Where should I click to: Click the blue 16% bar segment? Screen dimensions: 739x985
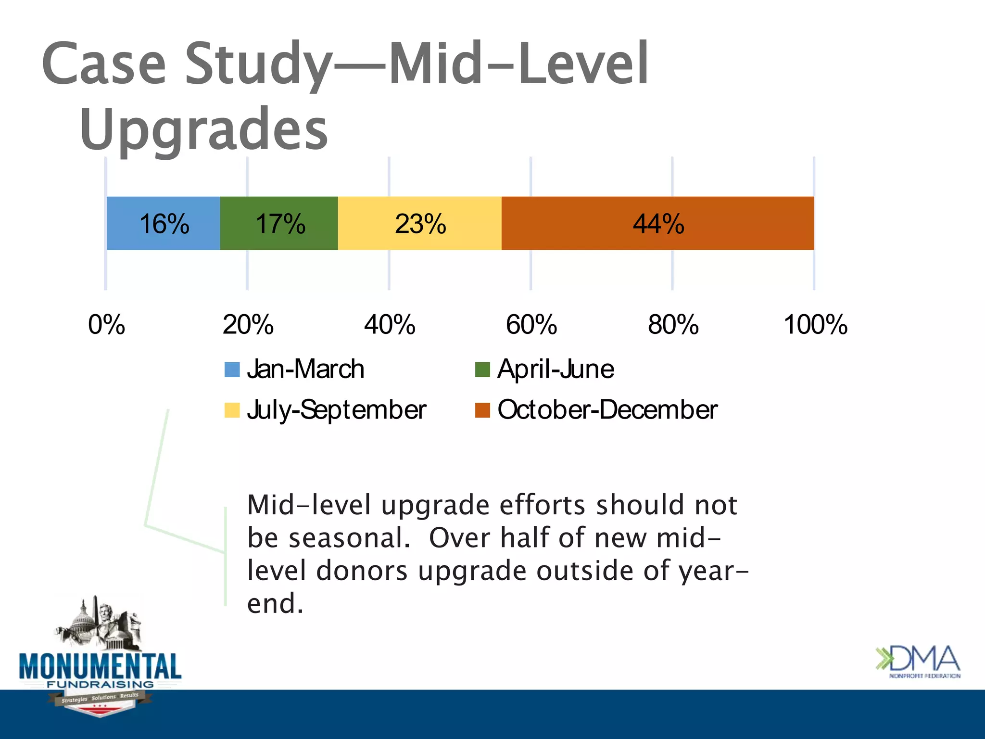[x=163, y=223]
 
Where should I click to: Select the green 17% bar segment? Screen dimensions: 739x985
[x=279, y=223]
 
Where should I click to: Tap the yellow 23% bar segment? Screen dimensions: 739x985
[x=419, y=223]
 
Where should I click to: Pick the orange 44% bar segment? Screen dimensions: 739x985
[x=657, y=223]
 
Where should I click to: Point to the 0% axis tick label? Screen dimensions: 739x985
[x=106, y=325]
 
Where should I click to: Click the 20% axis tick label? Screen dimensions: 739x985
[x=248, y=325]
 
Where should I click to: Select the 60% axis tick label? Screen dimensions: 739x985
[x=531, y=325]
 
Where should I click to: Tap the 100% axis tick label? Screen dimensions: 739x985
[x=815, y=325]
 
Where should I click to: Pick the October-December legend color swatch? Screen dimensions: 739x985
[x=482, y=410]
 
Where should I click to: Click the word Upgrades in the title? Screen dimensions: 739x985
[x=204, y=129]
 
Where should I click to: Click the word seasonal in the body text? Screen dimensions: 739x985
[x=349, y=538]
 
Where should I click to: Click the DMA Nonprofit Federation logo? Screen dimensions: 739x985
[x=918, y=661]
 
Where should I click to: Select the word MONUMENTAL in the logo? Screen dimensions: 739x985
[x=100, y=666]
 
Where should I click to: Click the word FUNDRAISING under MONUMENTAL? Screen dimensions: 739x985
[x=100, y=684]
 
